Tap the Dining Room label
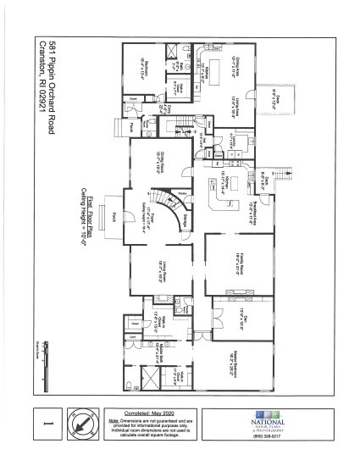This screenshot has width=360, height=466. pyautogui.click(x=158, y=158)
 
